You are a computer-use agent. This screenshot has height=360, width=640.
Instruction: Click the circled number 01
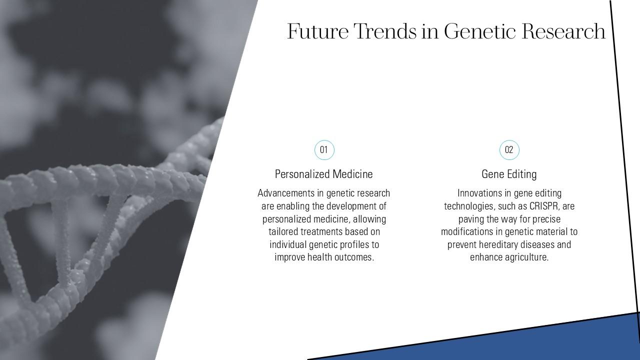click(324, 149)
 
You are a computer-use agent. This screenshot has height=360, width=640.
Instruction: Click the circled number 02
click(509, 149)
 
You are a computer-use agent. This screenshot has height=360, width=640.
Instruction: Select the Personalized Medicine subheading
click(323, 174)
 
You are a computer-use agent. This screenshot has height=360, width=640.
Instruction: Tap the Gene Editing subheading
click(509, 174)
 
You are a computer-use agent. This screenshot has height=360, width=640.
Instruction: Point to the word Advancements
click(286, 193)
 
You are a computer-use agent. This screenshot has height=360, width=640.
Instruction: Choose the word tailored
click(283, 231)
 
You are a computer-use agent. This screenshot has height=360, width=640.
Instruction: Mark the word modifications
click(467, 231)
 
